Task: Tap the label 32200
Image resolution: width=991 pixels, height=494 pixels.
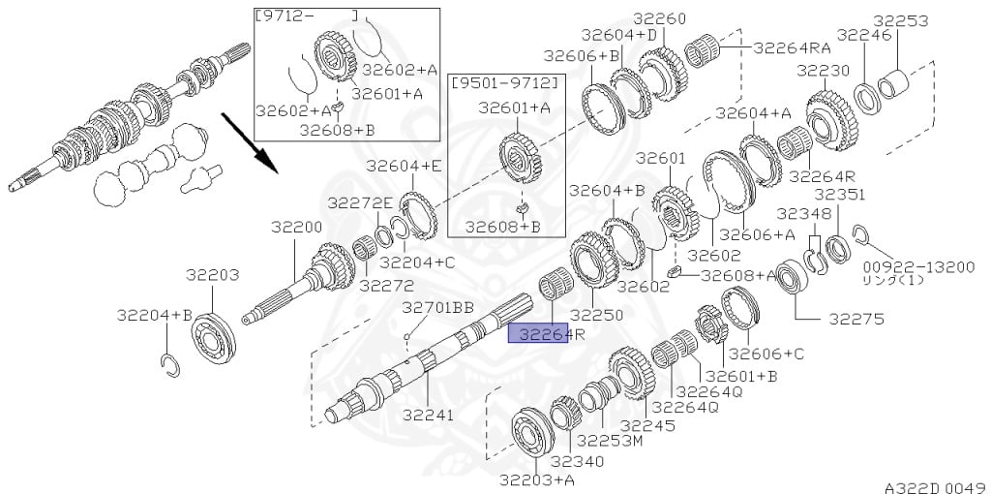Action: [297, 227]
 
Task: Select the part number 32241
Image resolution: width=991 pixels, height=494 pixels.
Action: [429, 415]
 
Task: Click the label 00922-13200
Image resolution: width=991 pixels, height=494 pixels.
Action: [919, 267]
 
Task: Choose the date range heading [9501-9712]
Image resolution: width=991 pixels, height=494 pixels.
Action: [505, 82]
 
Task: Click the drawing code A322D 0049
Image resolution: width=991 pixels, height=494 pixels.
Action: [937, 487]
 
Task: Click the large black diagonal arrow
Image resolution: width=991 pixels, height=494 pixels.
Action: [249, 142]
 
